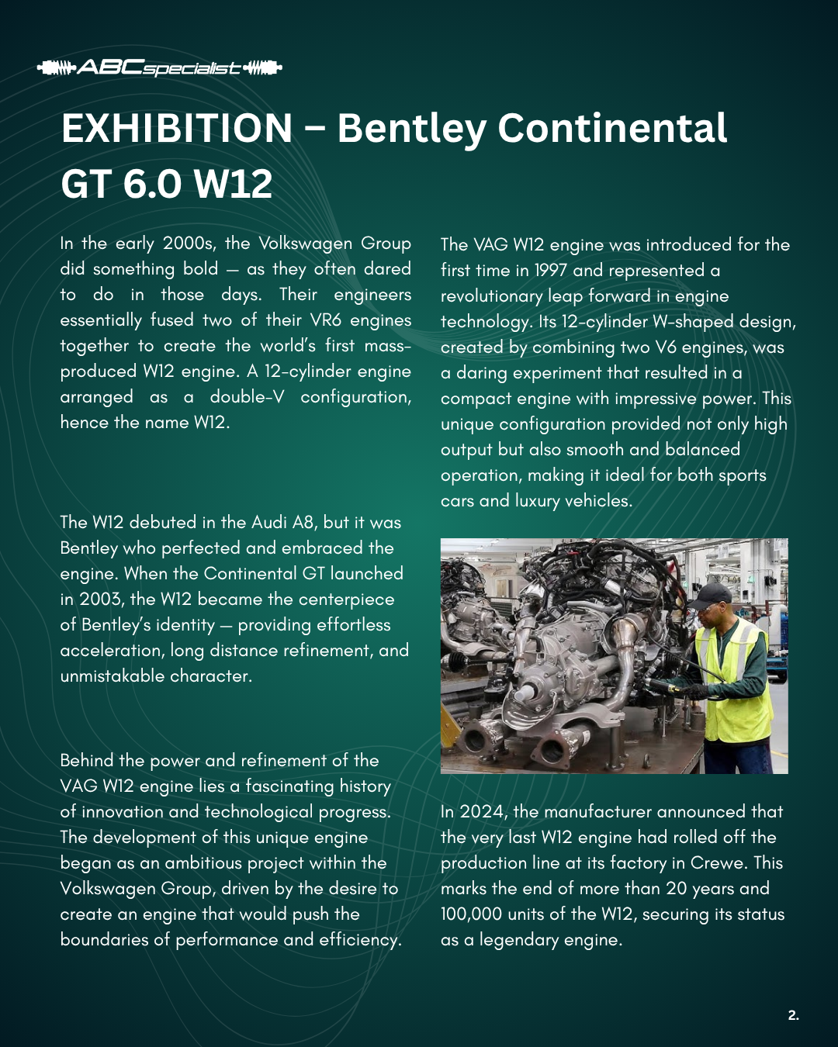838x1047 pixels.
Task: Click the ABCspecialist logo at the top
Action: [x=159, y=68]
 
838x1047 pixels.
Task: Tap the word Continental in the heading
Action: [x=612, y=129]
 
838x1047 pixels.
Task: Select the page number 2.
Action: [x=793, y=1015]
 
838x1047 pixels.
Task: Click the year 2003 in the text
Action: [x=101, y=600]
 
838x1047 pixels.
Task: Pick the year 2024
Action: [x=481, y=812]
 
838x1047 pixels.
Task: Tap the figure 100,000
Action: [x=471, y=914]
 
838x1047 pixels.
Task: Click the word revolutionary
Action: [x=491, y=296]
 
